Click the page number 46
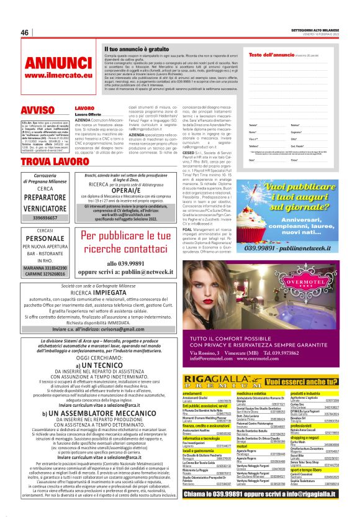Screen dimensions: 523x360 click(25, 33)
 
